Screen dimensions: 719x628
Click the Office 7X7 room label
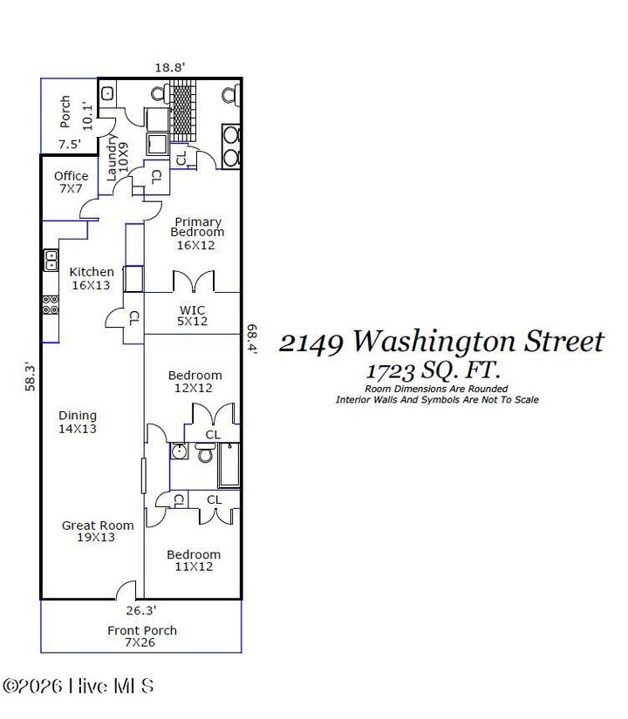point(71,182)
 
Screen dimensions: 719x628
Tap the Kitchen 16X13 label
point(92,278)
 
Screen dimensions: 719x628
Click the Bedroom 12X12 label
point(195,382)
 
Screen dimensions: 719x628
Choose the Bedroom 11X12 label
point(194,560)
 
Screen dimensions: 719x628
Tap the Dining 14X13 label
point(78,422)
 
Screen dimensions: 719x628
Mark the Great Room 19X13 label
point(98,531)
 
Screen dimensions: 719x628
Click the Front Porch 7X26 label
point(141,636)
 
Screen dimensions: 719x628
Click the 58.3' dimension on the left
point(31,377)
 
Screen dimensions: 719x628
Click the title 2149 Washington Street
point(440,341)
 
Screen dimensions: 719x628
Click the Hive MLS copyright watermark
point(78,686)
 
